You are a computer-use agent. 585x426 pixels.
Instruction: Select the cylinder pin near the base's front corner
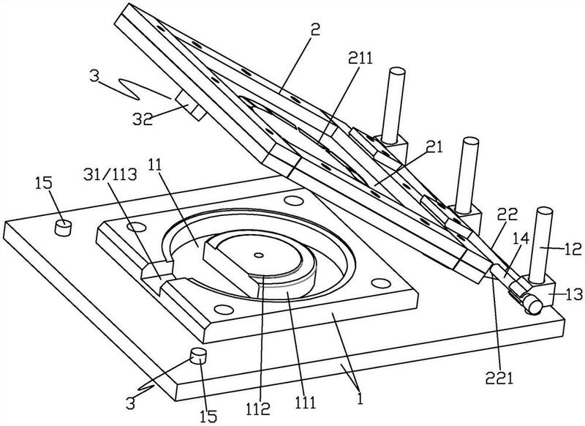click(197, 356)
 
